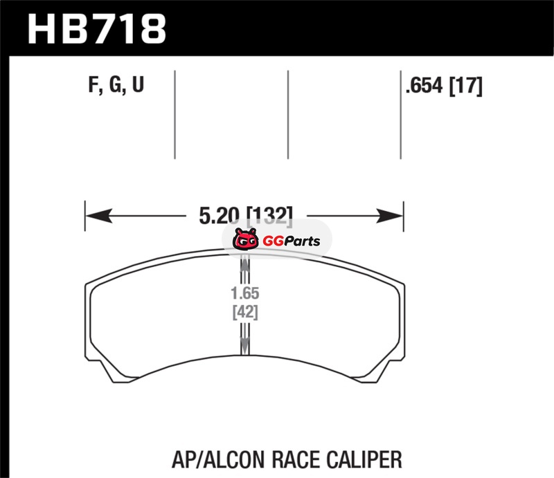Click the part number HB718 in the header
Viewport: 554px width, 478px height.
[96, 29]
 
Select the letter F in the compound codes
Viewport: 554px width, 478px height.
[93, 84]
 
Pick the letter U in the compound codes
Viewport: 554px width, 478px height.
[138, 84]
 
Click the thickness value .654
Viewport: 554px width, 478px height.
[424, 86]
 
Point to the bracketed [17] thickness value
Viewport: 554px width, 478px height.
[465, 86]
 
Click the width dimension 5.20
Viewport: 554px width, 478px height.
[220, 215]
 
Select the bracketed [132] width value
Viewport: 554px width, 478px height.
[269, 215]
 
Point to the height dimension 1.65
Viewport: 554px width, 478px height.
[245, 293]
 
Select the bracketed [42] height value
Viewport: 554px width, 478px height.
[245, 312]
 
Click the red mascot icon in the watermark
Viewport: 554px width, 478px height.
[245, 239]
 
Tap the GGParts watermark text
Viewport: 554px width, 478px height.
[291, 241]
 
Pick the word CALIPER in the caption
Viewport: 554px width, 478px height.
[364, 459]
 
